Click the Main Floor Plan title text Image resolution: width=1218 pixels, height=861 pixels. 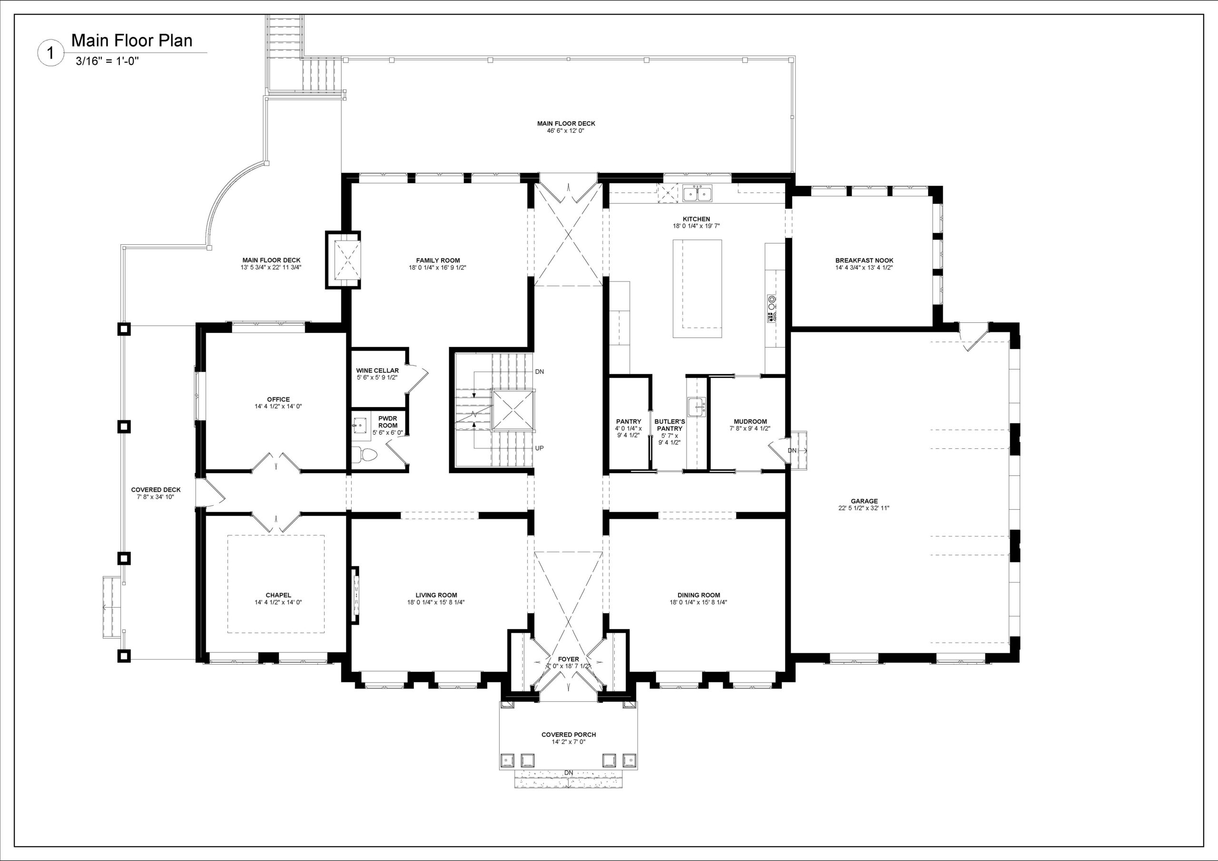pos(132,41)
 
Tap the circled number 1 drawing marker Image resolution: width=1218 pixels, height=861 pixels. pos(50,53)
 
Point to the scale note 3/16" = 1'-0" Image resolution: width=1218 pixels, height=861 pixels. pos(107,61)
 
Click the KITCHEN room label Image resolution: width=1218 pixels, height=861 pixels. pos(696,219)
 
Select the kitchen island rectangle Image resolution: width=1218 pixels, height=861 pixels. pos(697,289)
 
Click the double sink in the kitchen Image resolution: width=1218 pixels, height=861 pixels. pos(697,193)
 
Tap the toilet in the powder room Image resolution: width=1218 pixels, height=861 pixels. pos(364,455)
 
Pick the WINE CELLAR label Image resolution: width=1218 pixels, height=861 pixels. pos(377,370)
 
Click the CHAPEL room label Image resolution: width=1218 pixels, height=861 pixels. pos(278,595)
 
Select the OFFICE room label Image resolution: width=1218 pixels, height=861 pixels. pos(278,399)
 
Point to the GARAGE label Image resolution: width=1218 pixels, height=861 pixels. pos(864,501)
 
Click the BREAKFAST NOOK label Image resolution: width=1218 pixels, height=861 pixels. pos(864,261)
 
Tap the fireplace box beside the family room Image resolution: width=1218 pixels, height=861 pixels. pos(343,260)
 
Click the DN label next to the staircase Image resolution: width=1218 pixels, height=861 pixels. pos(540,372)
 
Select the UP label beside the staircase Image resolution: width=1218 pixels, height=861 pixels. pos(540,448)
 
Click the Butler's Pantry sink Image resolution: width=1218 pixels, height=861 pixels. pos(696,406)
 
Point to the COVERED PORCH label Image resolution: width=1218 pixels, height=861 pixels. pos(568,734)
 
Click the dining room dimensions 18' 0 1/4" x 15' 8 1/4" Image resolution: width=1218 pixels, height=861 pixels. pos(698,602)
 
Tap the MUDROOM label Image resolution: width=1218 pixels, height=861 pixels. pos(750,422)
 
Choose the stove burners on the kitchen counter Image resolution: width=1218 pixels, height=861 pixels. pos(771,309)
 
